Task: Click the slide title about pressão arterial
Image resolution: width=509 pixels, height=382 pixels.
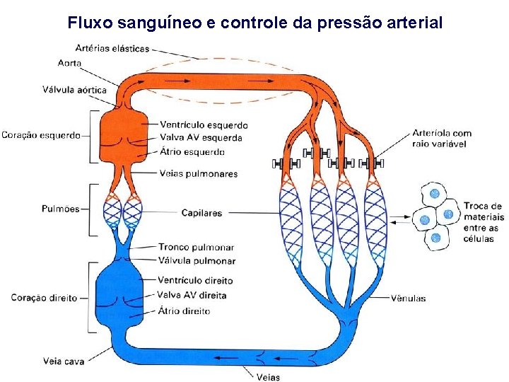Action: (x=255, y=23)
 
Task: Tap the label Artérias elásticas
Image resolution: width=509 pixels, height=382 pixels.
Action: (x=112, y=49)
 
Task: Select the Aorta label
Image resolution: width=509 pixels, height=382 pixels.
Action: (x=70, y=63)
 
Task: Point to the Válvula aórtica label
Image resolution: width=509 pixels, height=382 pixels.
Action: (x=74, y=90)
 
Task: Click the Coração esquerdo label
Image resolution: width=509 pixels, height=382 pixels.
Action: (x=41, y=135)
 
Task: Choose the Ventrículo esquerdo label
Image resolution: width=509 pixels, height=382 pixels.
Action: (x=204, y=125)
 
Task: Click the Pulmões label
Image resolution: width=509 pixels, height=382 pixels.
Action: (x=60, y=209)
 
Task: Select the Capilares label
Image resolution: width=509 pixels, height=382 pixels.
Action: (x=201, y=212)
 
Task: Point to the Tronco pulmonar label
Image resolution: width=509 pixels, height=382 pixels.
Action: (x=196, y=248)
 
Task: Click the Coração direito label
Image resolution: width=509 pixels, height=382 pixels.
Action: (x=44, y=298)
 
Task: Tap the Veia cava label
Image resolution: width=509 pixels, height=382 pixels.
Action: (x=64, y=361)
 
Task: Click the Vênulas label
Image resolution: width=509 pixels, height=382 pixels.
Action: (x=408, y=298)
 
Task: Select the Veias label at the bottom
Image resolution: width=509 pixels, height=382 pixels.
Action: (x=268, y=376)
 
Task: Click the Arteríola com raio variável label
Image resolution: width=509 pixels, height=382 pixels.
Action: (x=442, y=138)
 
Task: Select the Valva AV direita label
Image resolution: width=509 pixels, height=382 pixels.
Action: (x=192, y=295)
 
